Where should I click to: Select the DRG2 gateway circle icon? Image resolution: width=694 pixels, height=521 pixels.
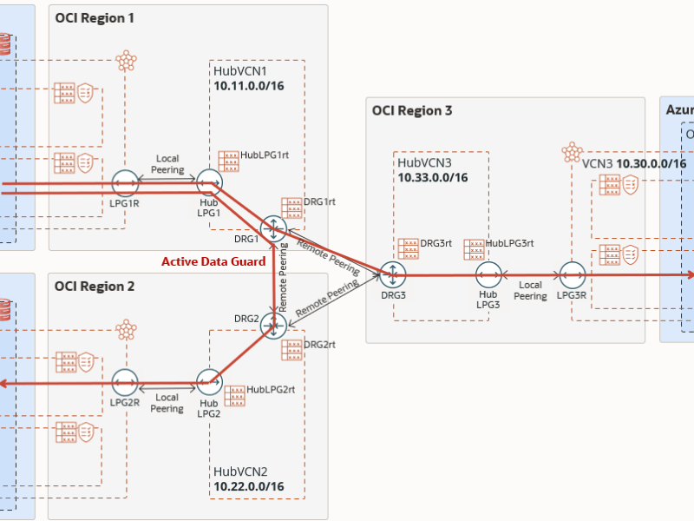click(274, 326)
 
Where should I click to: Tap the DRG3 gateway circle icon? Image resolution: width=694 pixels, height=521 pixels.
click(393, 275)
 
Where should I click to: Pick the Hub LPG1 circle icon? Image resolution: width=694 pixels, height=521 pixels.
click(209, 182)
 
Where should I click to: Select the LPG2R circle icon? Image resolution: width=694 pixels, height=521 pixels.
click(125, 382)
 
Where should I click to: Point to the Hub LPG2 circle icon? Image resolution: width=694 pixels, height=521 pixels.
click(209, 382)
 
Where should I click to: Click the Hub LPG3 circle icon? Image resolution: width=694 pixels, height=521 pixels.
click(488, 275)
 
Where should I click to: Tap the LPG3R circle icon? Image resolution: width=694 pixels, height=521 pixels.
click(572, 275)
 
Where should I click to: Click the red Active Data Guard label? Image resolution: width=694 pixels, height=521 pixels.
click(213, 261)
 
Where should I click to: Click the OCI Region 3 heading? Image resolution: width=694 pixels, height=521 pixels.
click(412, 110)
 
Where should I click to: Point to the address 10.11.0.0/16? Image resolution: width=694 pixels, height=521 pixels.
click(249, 87)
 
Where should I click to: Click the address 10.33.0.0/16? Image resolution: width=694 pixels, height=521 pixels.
click(433, 177)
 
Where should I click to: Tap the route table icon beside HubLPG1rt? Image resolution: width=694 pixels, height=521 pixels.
click(229, 161)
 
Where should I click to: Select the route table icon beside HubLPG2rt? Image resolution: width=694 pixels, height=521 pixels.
click(235, 395)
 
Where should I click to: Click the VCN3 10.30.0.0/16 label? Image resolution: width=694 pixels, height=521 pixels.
click(634, 163)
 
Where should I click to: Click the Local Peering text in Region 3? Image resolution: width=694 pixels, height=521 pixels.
click(530, 290)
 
